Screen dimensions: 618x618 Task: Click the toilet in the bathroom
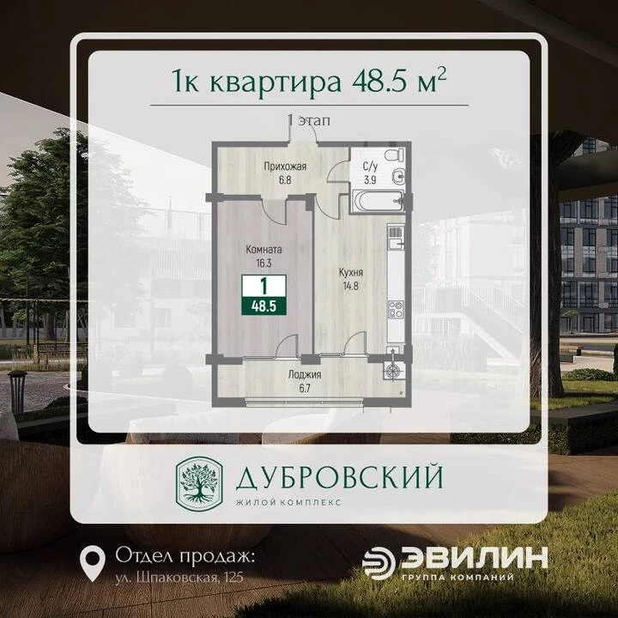395,154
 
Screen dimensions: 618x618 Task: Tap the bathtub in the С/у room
379,201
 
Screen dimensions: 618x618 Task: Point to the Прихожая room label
285,167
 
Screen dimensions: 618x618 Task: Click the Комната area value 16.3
264,263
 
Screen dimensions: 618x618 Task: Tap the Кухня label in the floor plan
351,272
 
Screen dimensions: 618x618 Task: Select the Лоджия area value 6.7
304,388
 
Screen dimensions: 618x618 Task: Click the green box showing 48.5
264,306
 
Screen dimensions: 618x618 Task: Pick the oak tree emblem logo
199,482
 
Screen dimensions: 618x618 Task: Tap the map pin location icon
93,563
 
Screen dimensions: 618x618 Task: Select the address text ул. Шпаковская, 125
179,578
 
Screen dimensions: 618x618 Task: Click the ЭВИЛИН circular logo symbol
379,564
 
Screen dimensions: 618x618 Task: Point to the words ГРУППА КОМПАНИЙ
458,578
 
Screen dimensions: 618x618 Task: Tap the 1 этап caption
309,120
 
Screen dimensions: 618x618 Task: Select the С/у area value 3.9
370,180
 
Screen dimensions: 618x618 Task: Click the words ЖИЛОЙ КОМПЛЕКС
288,502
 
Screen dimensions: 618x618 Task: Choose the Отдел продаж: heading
185,556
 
